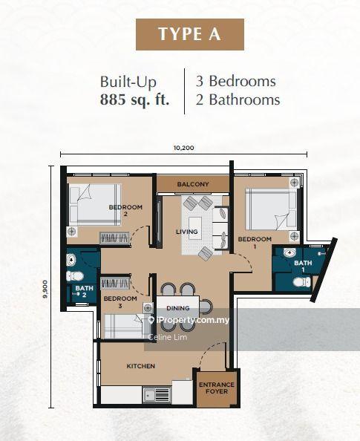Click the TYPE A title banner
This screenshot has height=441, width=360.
(190, 34)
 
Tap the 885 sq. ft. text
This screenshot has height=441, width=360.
(134, 99)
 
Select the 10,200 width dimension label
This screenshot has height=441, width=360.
(183, 148)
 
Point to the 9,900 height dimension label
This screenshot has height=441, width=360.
(45, 289)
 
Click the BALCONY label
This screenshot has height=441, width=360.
(193, 184)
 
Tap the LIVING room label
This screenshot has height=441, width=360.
(187, 232)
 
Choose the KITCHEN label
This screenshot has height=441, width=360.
(140, 366)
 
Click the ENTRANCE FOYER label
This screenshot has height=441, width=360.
(217, 388)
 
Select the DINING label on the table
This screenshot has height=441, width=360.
(177, 308)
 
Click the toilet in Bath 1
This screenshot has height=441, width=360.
(302, 282)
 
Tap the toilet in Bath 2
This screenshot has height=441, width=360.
(75, 276)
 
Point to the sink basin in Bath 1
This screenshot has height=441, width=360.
(289, 253)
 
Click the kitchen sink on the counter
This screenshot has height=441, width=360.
(157, 395)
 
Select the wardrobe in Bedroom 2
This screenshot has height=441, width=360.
(114, 238)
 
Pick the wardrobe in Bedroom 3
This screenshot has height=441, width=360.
(115, 283)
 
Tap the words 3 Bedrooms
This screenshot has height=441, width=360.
(236, 81)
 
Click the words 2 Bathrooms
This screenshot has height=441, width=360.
(238, 99)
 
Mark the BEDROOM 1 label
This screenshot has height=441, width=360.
(255, 243)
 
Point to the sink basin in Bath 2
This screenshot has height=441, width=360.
(71, 260)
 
